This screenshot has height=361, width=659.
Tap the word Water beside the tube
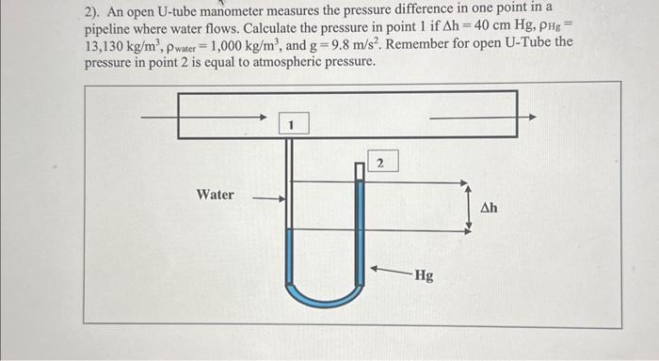pyautogui.click(x=216, y=195)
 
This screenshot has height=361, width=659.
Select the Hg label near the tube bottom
pyautogui.click(x=424, y=275)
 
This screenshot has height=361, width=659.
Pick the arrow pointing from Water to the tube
pyautogui.click(x=267, y=198)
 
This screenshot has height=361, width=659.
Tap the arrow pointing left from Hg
pyautogui.click(x=389, y=270)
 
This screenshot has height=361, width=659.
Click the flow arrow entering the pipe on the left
pyautogui.click(x=202, y=118)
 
